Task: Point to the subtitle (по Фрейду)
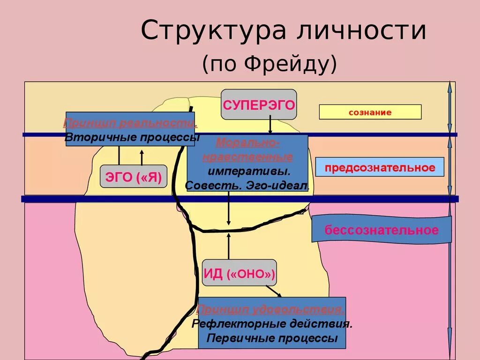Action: [270, 64]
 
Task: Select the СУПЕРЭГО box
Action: [259, 105]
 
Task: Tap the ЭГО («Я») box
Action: [134, 177]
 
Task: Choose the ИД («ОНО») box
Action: [239, 273]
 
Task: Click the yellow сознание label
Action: [370, 112]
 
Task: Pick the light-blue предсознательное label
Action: [380, 167]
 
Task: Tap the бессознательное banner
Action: [382, 230]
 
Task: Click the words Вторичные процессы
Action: [132, 137]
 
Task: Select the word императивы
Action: [249, 171]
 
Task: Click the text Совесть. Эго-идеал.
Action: [247, 186]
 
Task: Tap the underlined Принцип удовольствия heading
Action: [271, 310]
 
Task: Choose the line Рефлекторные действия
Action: [272, 324]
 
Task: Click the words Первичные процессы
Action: [272, 338]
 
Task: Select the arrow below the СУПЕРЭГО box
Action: [270, 125]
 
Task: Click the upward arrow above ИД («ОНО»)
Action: [229, 247]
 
